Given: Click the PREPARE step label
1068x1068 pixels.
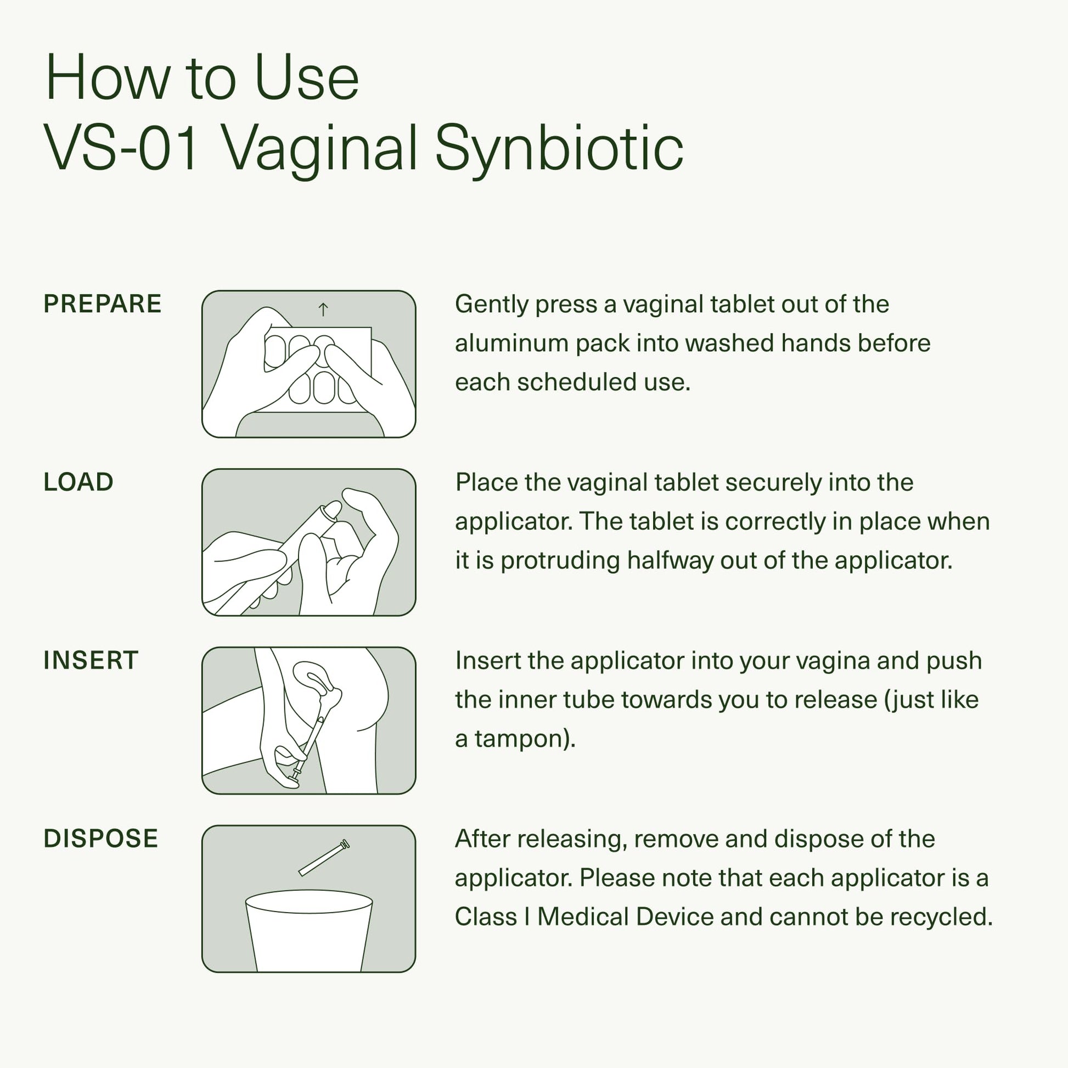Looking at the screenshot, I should pos(102,304).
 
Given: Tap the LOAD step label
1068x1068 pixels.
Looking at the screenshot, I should pos(78,482).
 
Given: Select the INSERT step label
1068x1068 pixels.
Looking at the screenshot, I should pos(91,660).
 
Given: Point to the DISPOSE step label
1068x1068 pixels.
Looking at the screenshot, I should pos(100,839).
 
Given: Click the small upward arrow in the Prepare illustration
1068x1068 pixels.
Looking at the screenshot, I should pos(323,309).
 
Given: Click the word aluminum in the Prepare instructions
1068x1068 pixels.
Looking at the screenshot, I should pos(511,344).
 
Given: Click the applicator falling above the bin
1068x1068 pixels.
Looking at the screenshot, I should pos(323,858).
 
